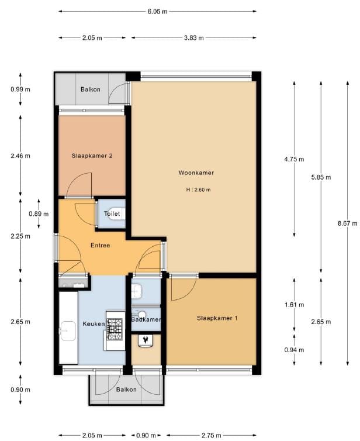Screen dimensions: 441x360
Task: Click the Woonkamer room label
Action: point(196,173)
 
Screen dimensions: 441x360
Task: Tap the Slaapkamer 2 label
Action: point(92,156)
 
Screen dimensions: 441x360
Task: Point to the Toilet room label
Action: point(112,214)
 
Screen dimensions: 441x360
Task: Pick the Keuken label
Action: point(94,323)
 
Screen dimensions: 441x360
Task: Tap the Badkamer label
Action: point(146,320)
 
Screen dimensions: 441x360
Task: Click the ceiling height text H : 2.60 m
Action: point(198,190)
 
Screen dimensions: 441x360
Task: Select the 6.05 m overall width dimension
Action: point(157,11)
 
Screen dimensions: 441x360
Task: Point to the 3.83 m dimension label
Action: point(193,38)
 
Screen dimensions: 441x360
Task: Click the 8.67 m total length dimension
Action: point(348,222)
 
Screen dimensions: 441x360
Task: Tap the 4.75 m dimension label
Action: point(294,159)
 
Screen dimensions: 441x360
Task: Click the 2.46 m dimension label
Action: point(20,156)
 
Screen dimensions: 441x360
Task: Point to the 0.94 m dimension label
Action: point(294,350)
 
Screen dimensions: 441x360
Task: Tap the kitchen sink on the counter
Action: point(67,332)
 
